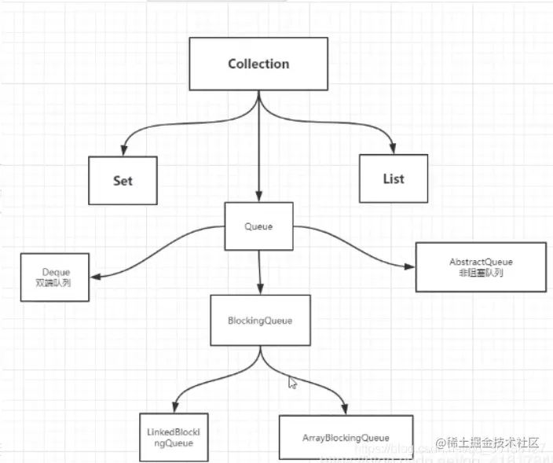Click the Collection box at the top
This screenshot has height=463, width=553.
(x=258, y=64)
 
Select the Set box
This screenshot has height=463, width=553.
(x=123, y=180)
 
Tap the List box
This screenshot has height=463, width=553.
(x=393, y=178)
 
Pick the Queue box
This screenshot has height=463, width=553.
(x=258, y=226)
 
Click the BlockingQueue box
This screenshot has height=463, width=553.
(x=259, y=320)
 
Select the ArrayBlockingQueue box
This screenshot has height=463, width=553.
(x=346, y=438)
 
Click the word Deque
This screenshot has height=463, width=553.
(x=56, y=271)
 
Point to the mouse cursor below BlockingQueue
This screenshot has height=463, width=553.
(x=292, y=383)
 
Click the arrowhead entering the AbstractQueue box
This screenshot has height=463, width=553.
(x=411, y=265)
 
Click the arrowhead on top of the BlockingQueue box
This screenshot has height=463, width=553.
(x=259, y=288)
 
